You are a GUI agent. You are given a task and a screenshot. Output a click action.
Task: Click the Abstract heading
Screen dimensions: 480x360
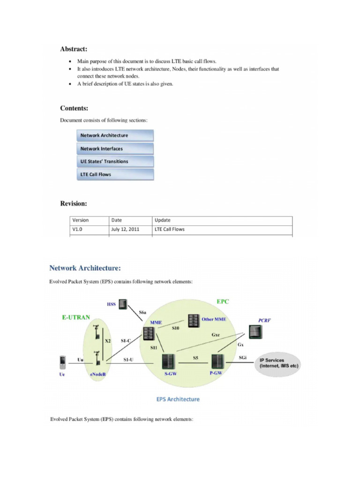click(x=74, y=49)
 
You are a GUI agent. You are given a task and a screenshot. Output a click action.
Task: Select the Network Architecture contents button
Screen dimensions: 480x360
click(x=115, y=135)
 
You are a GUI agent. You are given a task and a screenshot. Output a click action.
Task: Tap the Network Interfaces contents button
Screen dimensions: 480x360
click(x=115, y=149)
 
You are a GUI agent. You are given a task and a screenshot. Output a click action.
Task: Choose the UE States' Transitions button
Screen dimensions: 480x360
click(x=115, y=161)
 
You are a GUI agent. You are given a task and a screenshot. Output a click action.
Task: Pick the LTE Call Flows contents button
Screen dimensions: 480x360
click(x=115, y=174)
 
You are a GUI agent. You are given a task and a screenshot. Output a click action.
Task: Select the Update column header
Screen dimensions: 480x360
click(x=162, y=220)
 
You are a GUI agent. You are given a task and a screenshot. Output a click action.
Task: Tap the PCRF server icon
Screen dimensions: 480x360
click(x=255, y=332)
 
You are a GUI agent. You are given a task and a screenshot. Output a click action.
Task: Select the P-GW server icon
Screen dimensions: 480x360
click(x=217, y=361)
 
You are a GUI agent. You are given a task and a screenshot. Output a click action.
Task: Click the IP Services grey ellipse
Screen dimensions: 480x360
click(x=278, y=363)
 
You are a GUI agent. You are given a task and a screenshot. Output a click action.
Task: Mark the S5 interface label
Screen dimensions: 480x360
click(x=195, y=358)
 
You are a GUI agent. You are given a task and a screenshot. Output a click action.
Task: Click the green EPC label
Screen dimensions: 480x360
click(x=223, y=301)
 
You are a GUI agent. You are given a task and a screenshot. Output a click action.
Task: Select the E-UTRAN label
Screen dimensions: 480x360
click(x=76, y=317)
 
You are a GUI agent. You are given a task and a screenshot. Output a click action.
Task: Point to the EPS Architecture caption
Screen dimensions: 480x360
click(x=178, y=399)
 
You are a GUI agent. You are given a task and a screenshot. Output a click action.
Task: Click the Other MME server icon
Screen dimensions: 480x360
click(x=192, y=321)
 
